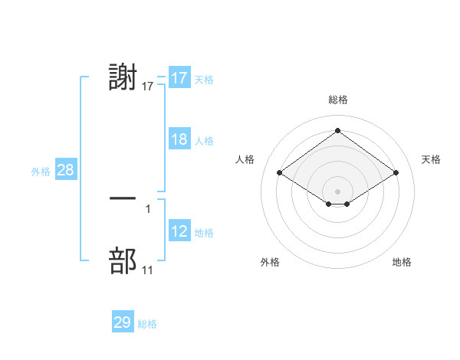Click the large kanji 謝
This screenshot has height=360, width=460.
point(123,78)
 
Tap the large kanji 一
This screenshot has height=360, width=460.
point(123,198)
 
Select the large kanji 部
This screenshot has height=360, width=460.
point(123,261)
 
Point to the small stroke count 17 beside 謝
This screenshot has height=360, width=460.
point(148,87)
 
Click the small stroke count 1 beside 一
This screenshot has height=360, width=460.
point(148,207)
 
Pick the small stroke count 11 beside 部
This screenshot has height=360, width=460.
point(148,270)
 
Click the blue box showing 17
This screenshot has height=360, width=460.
point(179,78)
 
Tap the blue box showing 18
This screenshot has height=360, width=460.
point(179,139)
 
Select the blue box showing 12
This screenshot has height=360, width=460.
point(179,231)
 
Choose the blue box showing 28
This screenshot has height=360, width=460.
point(65,170)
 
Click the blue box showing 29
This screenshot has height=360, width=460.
point(123,322)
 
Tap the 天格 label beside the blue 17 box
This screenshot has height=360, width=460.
point(204,79)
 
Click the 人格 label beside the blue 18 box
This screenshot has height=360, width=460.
point(204,140)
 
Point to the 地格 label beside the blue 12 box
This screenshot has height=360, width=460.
point(204,232)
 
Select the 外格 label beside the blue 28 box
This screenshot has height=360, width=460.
point(41,172)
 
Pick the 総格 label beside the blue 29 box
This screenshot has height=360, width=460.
point(147,324)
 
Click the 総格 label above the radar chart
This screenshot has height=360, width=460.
point(337,100)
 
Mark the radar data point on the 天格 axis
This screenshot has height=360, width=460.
point(396,173)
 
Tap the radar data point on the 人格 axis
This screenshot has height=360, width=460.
point(280,173)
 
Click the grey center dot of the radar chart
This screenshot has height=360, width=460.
point(337,191)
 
